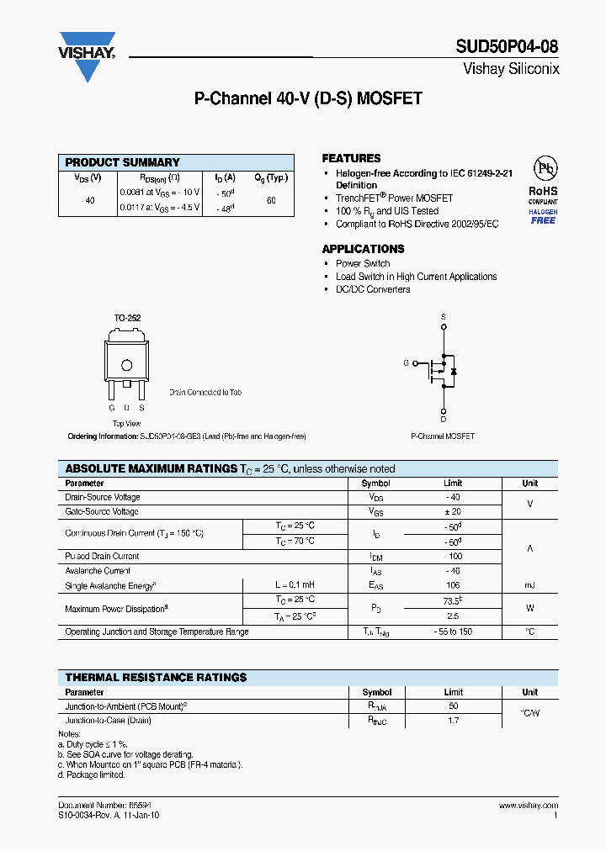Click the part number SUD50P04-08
508,46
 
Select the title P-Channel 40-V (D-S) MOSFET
308,99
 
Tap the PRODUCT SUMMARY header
123,162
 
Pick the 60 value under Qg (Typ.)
271,201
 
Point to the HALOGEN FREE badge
543,216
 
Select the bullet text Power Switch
363,263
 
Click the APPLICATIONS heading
363,249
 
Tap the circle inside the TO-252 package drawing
127,365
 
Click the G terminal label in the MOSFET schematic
406,363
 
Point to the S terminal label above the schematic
444,316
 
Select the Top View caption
127,424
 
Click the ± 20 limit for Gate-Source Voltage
453,511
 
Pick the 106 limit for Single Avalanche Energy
453,585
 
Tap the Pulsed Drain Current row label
102,556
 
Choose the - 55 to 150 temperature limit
453,632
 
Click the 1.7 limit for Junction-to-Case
453,721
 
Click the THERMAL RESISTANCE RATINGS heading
156,677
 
